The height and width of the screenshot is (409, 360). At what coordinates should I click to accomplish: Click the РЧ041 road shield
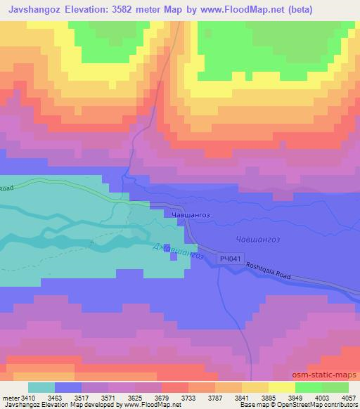pos(230,260)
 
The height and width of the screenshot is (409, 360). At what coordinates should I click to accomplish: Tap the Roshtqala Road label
pos(304,269)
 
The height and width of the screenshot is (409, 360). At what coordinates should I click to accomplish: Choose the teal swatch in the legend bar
pos(41,387)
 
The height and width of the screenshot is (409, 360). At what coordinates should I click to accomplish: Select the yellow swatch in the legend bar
pos(281,387)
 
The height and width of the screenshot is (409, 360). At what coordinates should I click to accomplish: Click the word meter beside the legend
pos(9,398)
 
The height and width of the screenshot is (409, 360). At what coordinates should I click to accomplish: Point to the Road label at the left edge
pos(7,188)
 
